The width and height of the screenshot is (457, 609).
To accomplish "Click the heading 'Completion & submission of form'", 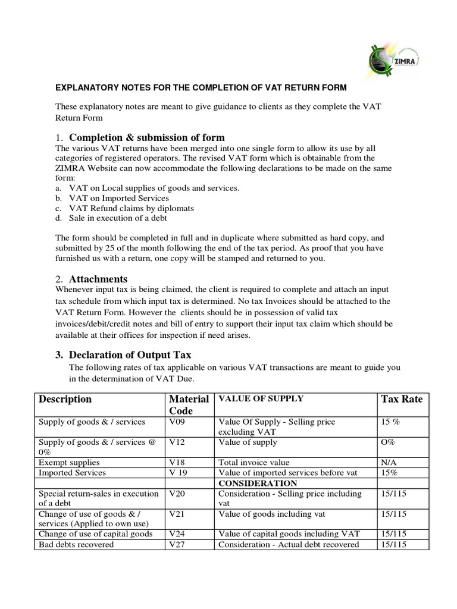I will click(147, 137).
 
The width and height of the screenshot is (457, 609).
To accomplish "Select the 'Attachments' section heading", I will click(98, 278).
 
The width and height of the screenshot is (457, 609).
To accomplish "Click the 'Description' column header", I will click(65, 399).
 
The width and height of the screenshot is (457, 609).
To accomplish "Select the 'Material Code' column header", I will click(189, 404).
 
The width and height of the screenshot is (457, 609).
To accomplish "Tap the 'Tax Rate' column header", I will click(401, 399).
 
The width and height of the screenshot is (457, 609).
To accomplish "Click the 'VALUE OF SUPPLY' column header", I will click(261, 398).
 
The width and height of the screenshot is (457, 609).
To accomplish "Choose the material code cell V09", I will click(177, 422).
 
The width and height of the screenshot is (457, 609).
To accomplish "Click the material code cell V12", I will click(177, 442).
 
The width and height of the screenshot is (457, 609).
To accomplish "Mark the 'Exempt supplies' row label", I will click(69, 462).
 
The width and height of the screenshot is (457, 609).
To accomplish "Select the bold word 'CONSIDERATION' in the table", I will click(258, 483).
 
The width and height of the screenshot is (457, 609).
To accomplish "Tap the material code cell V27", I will click(177, 544).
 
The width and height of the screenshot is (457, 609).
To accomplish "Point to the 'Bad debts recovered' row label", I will click(76, 544).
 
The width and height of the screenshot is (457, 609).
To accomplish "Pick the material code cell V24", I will click(177, 533).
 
